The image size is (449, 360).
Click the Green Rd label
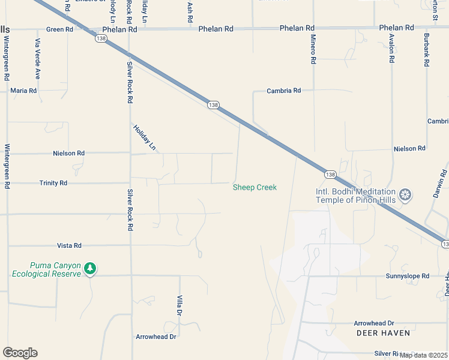click(59, 29)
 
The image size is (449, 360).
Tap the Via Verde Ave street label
click(37, 59)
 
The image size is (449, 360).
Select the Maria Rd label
click(23, 91)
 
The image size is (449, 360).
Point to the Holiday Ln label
click(144, 137)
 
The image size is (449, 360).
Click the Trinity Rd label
click(53, 183)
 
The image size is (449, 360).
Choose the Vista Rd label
click(69, 245)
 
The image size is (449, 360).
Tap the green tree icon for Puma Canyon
click(90, 268)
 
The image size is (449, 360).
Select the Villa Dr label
click(179, 305)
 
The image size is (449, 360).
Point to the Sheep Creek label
click(255, 187)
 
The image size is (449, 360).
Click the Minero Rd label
click(313, 50)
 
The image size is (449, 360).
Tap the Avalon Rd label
click(391, 47)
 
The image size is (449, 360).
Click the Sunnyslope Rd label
click(408, 276)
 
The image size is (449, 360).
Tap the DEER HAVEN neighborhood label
click(383, 332)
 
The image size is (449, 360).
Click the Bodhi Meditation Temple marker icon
click(406, 194)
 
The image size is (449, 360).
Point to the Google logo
click(20, 353)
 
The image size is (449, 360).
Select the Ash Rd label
click(190, 12)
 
